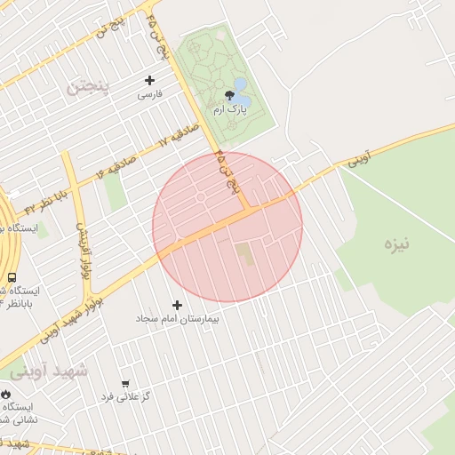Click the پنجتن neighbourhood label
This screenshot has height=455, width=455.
(x=91, y=86)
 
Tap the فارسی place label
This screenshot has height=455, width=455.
(x=149, y=93)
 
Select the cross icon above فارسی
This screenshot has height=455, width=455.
(x=149, y=80)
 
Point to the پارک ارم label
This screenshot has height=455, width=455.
(x=228, y=108)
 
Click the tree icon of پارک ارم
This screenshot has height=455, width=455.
(x=228, y=94)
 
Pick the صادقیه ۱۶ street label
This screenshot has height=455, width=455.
(x=112, y=165)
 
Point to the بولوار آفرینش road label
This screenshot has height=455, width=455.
(x=82, y=247)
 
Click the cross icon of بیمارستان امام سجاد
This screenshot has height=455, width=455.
(x=178, y=305)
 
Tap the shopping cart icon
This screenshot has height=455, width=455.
(x=125, y=384)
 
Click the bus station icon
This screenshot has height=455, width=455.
(x=12, y=277)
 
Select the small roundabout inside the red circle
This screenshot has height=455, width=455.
(x=201, y=197)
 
